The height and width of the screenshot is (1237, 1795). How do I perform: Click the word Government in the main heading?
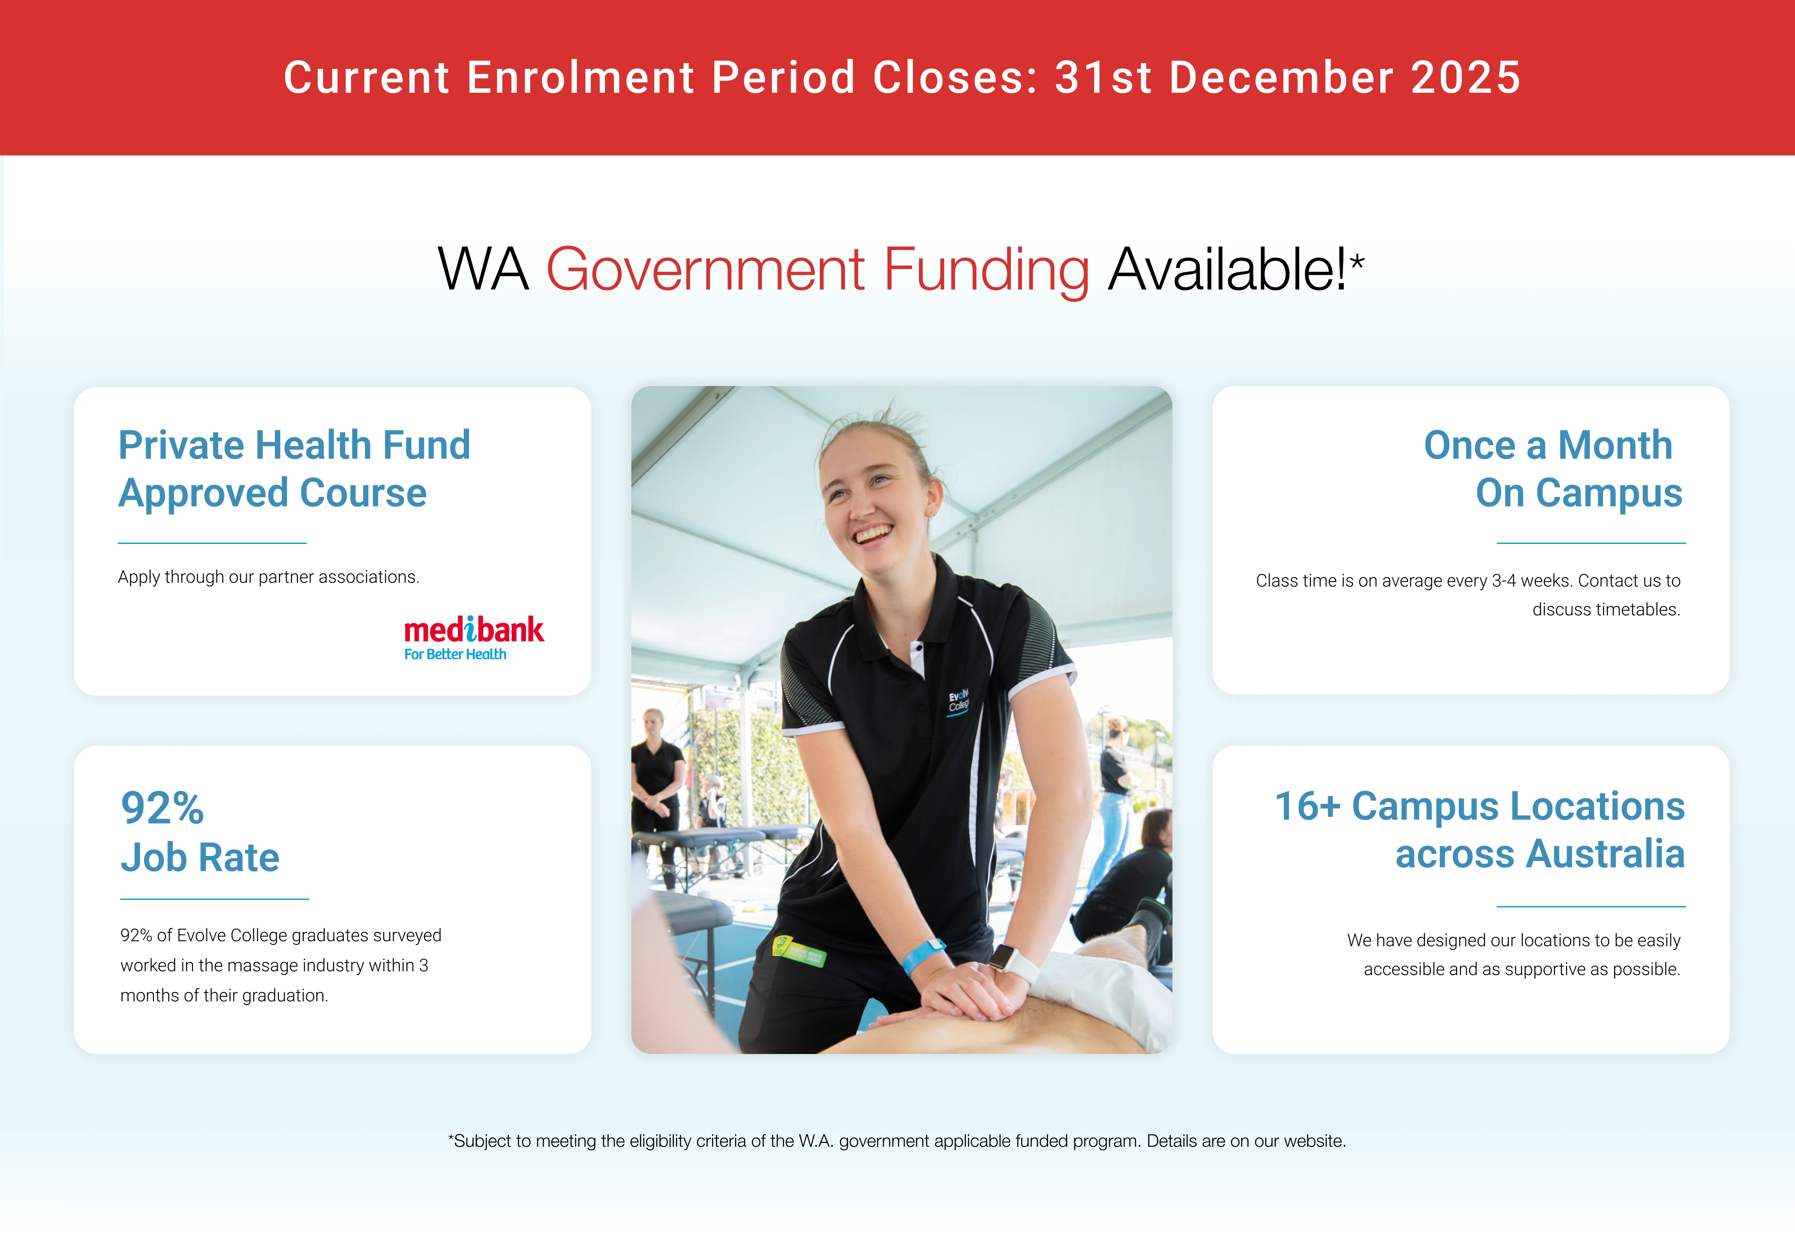point(705,270)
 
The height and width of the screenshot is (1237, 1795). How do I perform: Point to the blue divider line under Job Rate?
point(215,899)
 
